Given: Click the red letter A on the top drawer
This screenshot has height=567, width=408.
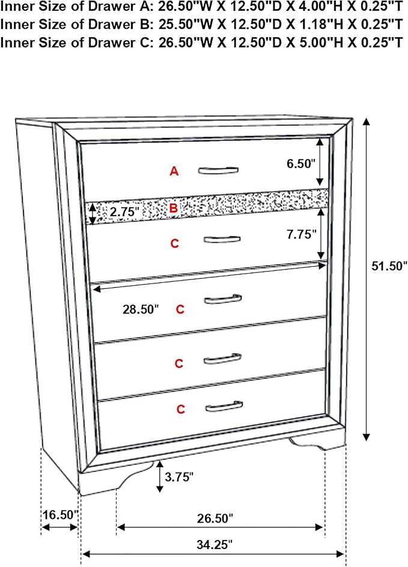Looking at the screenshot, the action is [174, 171].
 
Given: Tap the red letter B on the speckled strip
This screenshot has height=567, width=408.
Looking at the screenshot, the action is [174, 208].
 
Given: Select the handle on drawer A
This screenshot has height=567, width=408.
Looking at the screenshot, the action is [218, 171].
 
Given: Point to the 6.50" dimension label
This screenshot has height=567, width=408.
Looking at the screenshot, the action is [301, 163].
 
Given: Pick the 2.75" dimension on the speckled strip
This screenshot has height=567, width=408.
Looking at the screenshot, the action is [124, 211].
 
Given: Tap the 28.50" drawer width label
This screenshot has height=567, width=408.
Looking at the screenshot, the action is [141, 309].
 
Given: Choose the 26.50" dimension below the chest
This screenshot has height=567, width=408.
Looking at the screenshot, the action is [215, 518].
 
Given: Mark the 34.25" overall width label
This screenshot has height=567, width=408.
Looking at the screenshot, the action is [215, 544].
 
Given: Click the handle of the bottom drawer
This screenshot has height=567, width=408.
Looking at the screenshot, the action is [224, 406].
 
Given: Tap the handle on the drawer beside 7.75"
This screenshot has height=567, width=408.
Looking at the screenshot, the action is [222, 240].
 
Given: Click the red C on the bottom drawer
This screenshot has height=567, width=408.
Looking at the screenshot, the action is [180, 409].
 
